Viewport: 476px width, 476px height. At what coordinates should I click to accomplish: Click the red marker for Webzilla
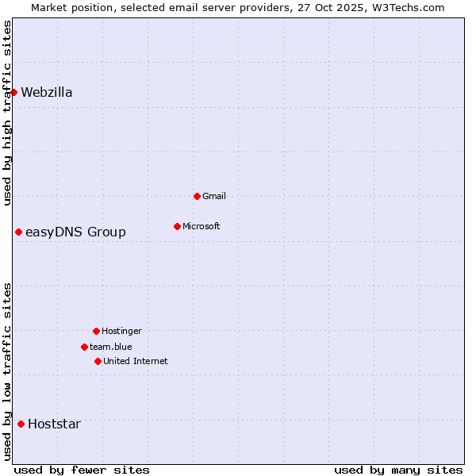coord(13,92)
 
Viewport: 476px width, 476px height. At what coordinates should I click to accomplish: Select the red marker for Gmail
coord(197,196)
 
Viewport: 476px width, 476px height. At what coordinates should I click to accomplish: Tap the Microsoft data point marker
coord(177,226)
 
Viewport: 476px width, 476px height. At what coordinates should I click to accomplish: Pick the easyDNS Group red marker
coord(18,232)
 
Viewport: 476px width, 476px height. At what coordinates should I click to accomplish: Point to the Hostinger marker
coord(96,331)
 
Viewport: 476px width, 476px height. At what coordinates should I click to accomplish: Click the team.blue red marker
coord(84,347)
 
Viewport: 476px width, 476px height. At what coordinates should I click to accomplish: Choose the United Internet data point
coord(98,361)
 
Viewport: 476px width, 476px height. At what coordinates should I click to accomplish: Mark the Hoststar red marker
coord(21,424)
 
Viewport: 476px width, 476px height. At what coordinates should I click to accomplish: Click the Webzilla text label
coord(47,92)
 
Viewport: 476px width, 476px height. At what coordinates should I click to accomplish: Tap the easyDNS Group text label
coord(75,232)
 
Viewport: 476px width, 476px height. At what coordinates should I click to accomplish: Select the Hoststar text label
coord(54,424)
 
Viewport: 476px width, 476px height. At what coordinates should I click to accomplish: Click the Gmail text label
coord(214,196)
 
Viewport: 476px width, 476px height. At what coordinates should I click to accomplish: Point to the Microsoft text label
coord(202,226)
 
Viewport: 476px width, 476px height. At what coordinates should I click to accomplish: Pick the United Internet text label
coord(136,361)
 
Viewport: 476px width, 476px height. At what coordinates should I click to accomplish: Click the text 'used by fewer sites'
coord(82,470)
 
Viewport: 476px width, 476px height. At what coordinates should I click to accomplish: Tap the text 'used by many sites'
coord(398,470)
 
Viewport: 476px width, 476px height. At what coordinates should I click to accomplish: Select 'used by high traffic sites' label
coord(7,113)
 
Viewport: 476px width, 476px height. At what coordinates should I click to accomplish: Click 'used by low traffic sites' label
coord(7,371)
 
